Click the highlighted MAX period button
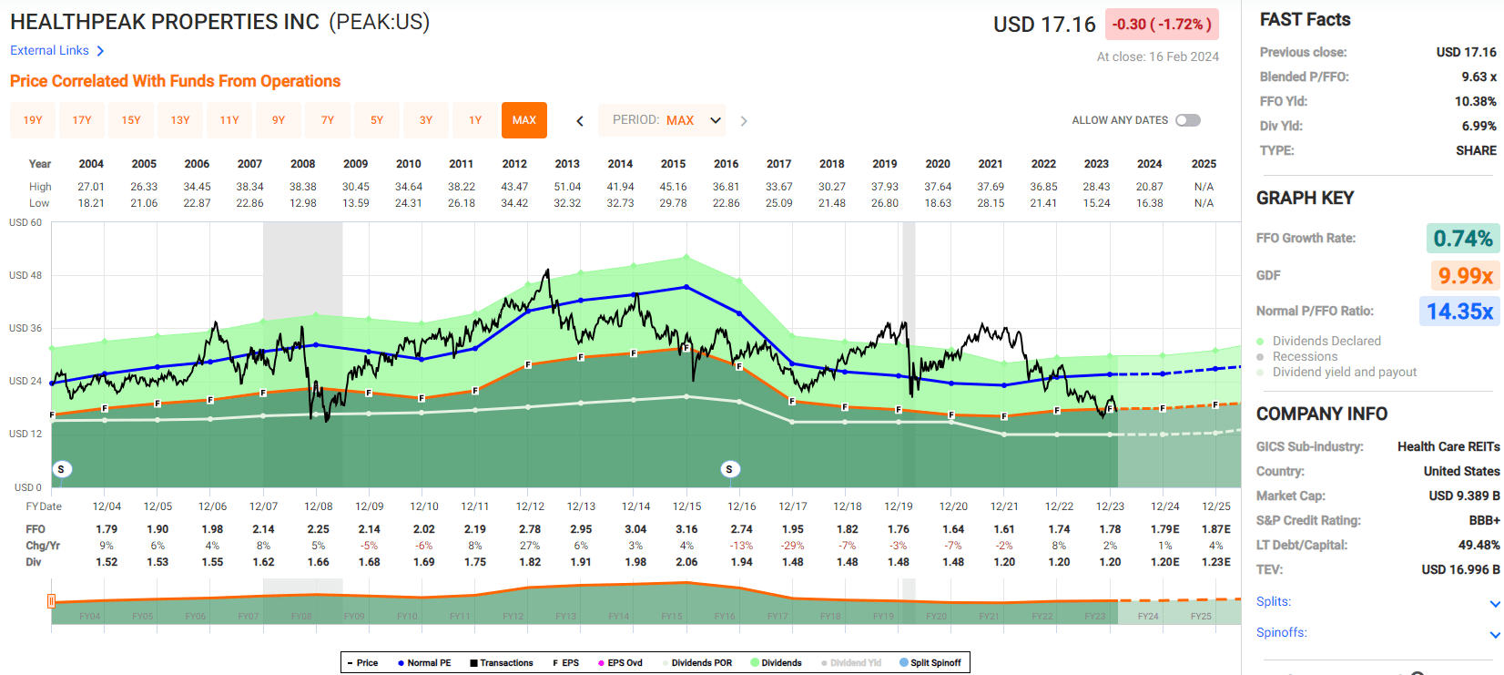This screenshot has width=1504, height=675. coord(523,120)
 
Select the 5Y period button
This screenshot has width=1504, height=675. coord(377,120)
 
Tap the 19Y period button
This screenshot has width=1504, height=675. coord(33,120)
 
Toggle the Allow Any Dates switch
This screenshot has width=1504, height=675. coord(1188,120)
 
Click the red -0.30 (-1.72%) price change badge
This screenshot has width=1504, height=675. coord(1162,25)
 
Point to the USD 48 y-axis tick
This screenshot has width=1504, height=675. coord(25,275)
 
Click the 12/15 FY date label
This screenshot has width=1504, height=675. coord(686,506)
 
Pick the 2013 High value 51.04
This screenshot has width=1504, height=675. coord(567,187)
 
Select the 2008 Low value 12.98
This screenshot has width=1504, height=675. coord(303,203)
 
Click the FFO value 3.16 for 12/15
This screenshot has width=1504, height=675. coord(686,529)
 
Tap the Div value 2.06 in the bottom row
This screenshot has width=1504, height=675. coord(686,562)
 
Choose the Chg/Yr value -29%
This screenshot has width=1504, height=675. coord(793,546)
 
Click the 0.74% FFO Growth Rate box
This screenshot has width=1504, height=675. coord(1462,239)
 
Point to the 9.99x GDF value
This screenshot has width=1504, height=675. coord(1465,275)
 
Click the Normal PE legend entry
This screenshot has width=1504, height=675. coord(424,663)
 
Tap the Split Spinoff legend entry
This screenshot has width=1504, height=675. coord(930,663)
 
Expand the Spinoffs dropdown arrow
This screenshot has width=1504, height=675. coord(1494,634)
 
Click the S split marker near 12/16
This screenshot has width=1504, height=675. coord(729,469)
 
